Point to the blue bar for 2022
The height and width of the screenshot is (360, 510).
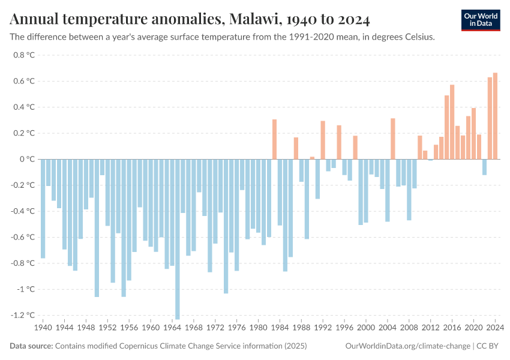click(484, 167)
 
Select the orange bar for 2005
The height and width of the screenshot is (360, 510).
click(393, 139)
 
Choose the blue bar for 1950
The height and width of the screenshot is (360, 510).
click(97, 227)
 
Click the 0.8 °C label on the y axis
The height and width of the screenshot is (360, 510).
click(23, 55)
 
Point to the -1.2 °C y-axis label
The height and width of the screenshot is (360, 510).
click(21, 315)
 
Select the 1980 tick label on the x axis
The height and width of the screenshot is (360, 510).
click(259, 328)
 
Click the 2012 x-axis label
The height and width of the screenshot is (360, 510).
click(431, 328)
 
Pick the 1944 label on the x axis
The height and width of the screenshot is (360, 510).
click(65, 328)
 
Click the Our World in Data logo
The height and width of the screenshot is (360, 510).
click(481, 20)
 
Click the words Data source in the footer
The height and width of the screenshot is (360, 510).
click(31, 346)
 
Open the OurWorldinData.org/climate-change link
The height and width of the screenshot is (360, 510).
click(408, 346)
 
